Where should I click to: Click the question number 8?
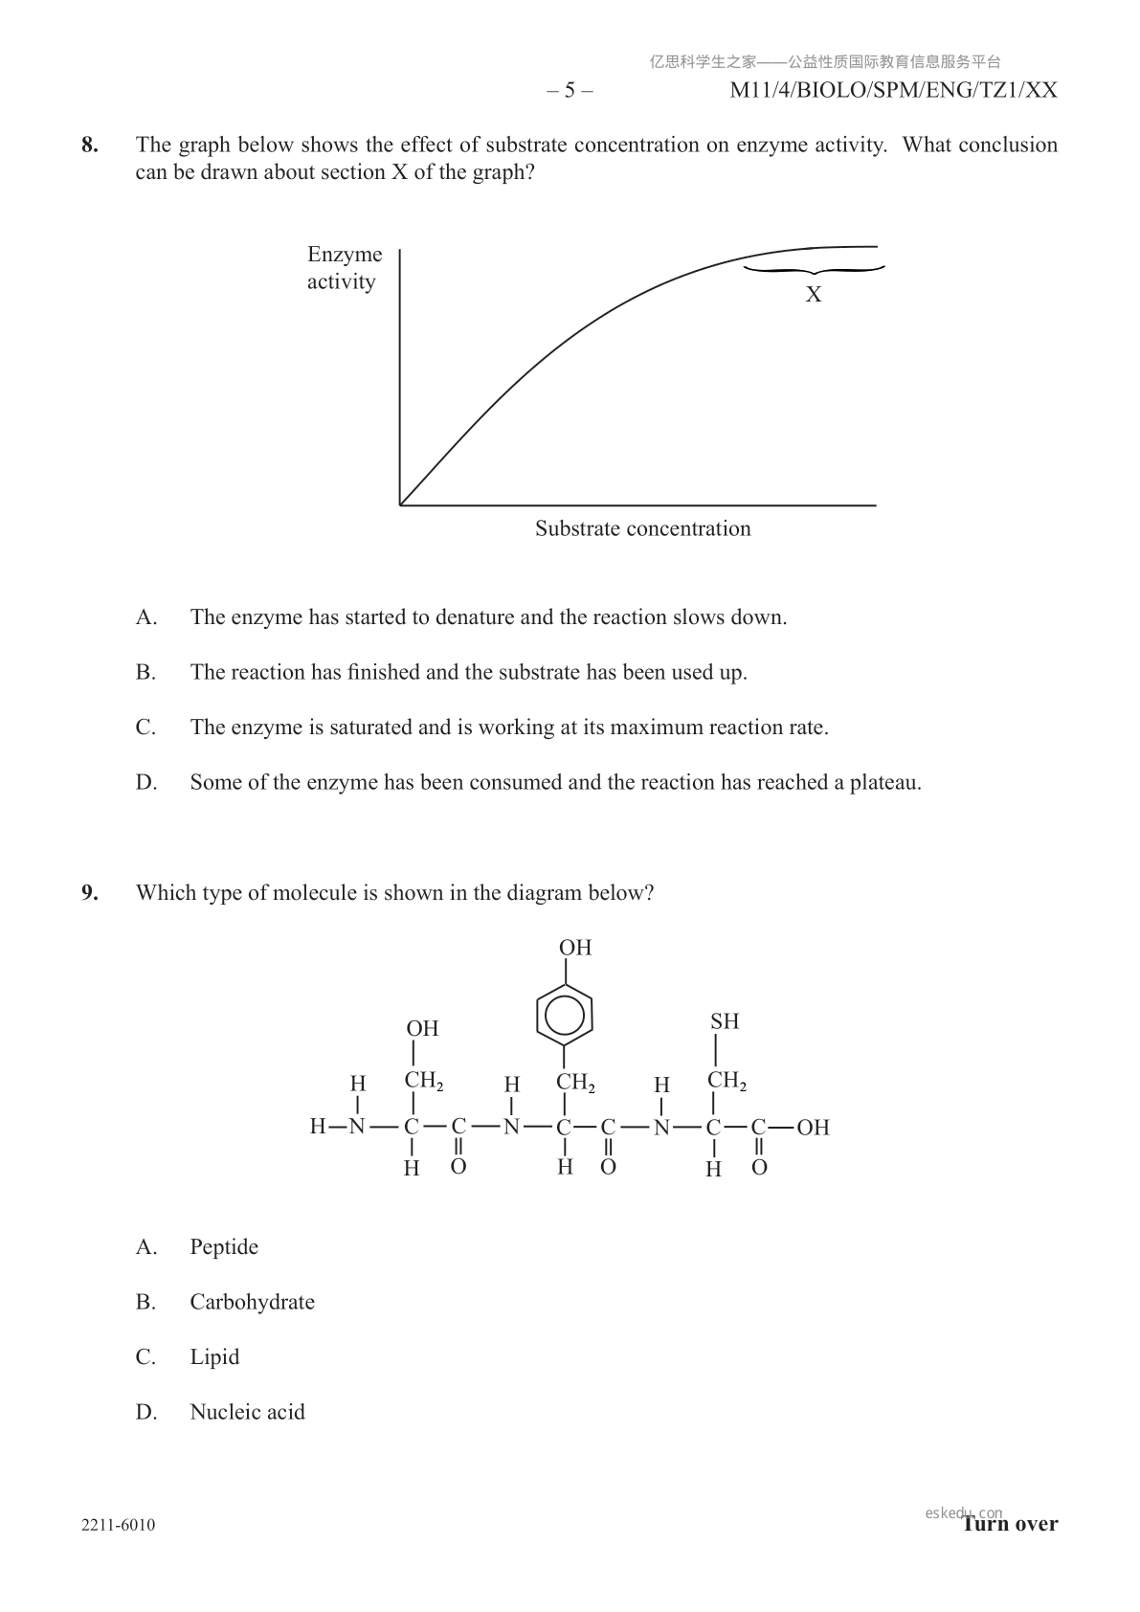point(89,146)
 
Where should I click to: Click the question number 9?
point(89,893)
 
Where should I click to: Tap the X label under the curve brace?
point(814,295)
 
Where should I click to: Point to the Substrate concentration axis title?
point(642,528)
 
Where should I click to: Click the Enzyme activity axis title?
point(344,268)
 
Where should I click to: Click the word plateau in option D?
point(884,783)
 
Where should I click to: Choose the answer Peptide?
point(224,1247)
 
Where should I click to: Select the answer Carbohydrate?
point(252,1302)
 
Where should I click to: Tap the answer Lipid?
point(214,1357)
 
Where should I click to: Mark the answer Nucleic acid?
point(247,1412)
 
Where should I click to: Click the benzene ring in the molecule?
point(565,1016)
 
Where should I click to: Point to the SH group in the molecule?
point(725,1021)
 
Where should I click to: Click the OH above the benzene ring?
point(575,948)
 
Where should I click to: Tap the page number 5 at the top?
point(570,91)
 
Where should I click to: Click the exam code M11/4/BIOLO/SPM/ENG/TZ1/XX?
point(893,91)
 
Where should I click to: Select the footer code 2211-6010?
point(119,1525)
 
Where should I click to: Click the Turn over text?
point(1011,1524)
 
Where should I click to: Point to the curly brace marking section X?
point(814,271)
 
